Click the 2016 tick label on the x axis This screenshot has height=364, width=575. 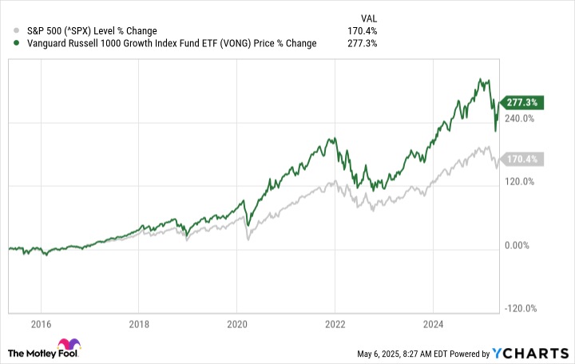coord(41,324)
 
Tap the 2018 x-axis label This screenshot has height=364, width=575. coord(139,324)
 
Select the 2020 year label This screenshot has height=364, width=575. coord(236,324)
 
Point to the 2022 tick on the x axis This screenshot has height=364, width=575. coord(335,324)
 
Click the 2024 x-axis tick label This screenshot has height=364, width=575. coord(432,324)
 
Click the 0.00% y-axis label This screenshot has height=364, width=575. coord(517,245)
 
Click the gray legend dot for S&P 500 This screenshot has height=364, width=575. coord(7,30)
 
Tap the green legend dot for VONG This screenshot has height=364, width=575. coord(7,43)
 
